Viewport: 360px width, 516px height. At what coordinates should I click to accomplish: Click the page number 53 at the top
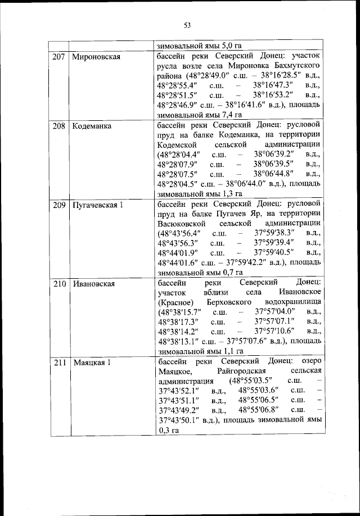pyautogui.click(x=187, y=25)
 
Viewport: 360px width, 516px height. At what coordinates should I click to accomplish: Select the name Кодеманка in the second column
pyautogui.click(x=92, y=126)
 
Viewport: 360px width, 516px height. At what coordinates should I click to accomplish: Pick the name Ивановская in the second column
pyautogui.click(x=94, y=284)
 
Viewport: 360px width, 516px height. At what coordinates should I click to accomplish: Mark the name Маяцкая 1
pyautogui.click(x=92, y=363)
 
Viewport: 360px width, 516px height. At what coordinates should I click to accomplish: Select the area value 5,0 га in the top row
pyautogui.click(x=229, y=46)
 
